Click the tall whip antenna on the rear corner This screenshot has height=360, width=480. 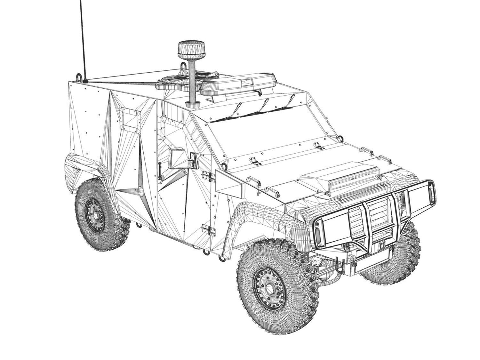[x=83, y=38]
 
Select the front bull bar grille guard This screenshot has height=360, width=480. [x=374, y=218]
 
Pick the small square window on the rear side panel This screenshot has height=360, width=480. [x=130, y=119]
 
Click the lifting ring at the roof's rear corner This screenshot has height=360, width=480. [x=79, y=77]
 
